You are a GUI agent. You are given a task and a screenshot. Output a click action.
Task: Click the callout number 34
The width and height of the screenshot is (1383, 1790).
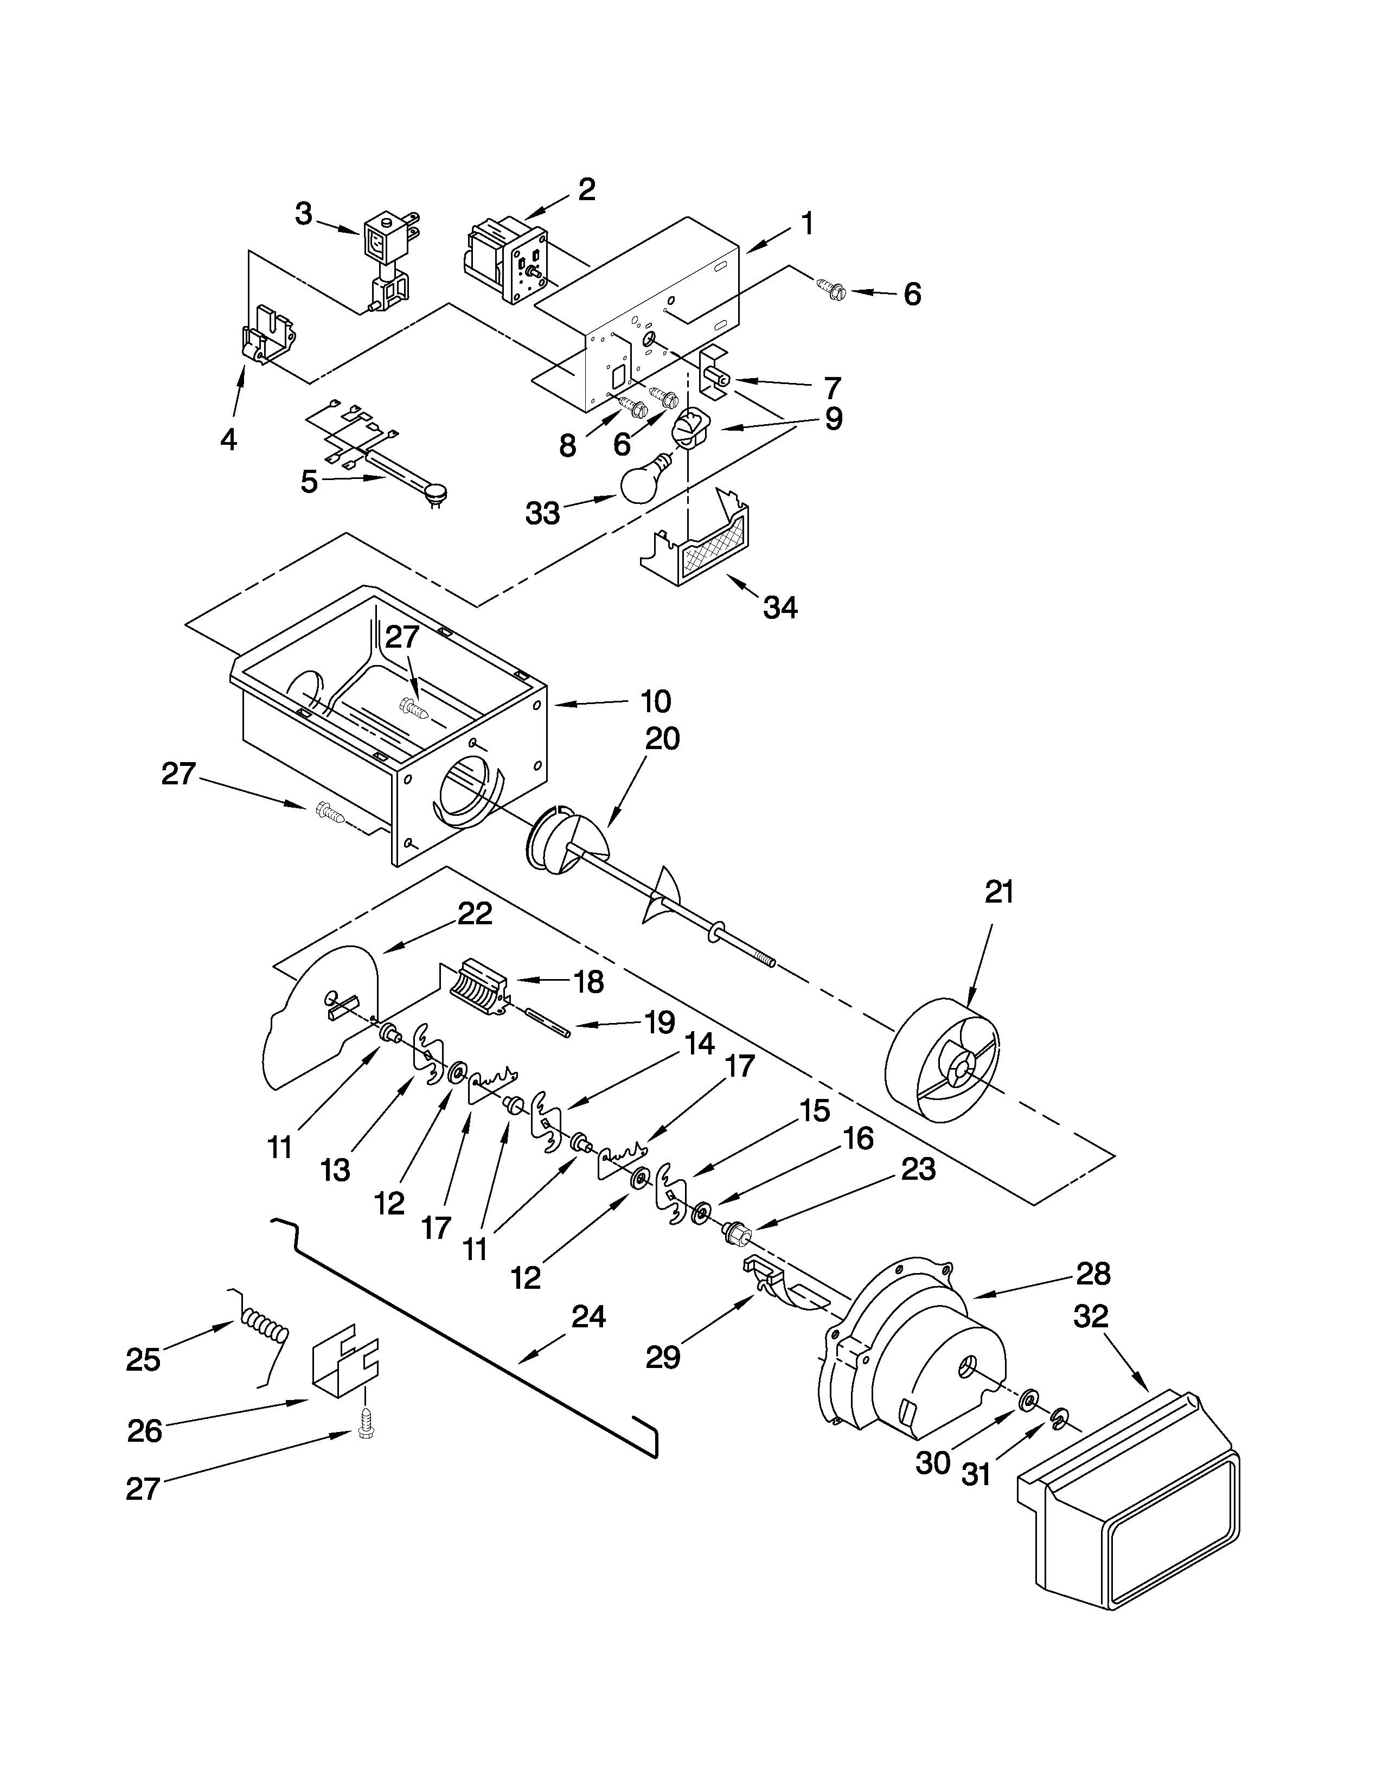click(779, 608)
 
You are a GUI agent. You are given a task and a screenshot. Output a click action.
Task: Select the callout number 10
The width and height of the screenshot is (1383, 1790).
click(656, 701)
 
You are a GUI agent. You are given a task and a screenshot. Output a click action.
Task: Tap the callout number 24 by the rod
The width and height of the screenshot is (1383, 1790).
click(588, 1317)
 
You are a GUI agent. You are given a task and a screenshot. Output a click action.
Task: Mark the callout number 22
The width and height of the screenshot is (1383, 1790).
click(475, 914)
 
